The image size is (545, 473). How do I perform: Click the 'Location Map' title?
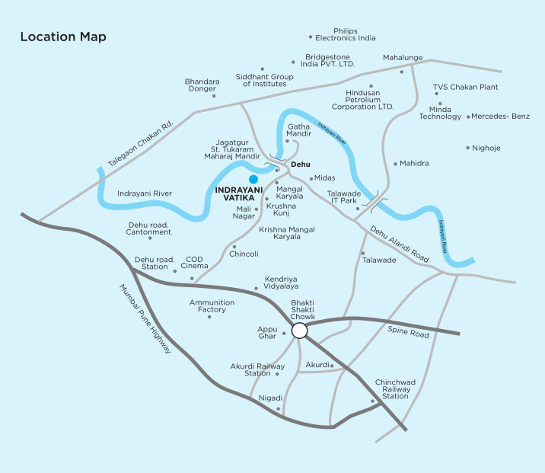[63, 37]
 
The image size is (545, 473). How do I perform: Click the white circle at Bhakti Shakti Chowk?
[299, 331]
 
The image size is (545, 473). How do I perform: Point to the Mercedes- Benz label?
[500, 117]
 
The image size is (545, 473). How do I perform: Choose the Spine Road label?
[410, 331]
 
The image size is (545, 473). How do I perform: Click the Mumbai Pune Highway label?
[145, 319]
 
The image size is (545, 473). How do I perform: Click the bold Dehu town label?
[302, 163]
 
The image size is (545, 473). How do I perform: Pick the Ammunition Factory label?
[208, 306]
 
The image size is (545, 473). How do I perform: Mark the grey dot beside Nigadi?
[278, 408]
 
